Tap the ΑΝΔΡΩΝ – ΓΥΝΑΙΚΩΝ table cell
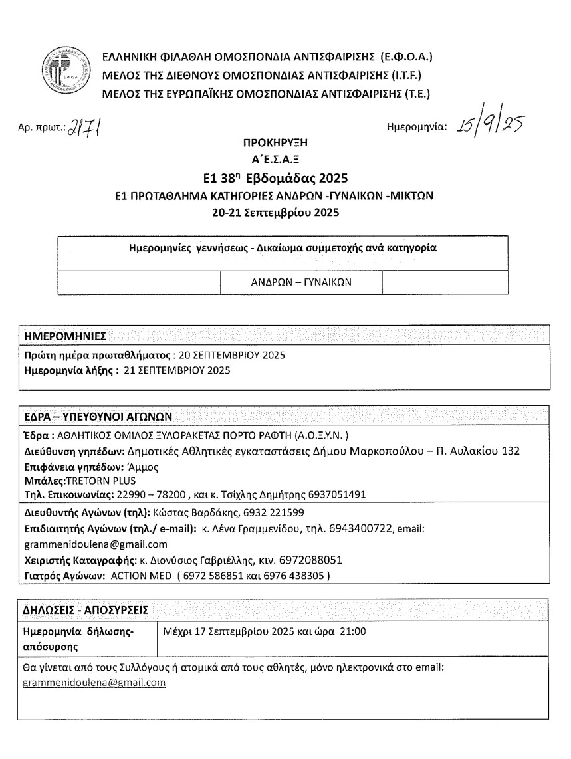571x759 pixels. tap(301, 282)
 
